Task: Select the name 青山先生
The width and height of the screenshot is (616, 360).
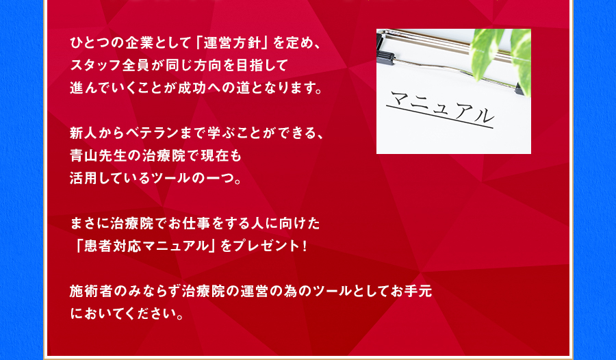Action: pyautogui.click(x=99, y=156)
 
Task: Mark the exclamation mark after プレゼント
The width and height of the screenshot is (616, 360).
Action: pyautogui.click(x=305, y=246)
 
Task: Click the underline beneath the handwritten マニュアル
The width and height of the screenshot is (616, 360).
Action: pyautogui.click(x=439, y=117)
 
